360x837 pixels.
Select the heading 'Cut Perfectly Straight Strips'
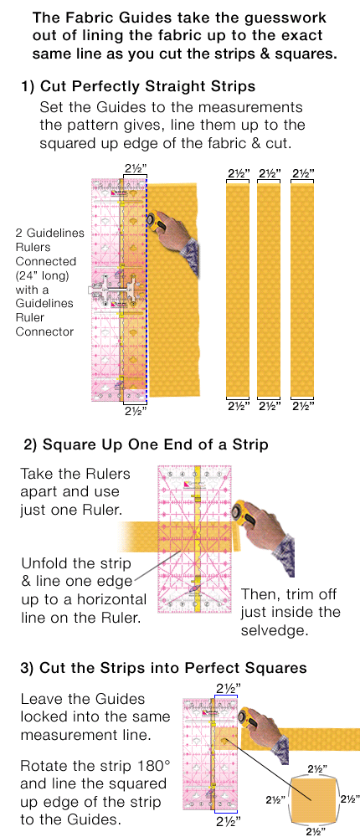(147, 88)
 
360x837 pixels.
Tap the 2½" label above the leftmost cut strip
(238, 173)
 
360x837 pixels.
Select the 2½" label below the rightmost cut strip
(302, 406)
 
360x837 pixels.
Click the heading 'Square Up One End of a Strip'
(155, 444)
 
